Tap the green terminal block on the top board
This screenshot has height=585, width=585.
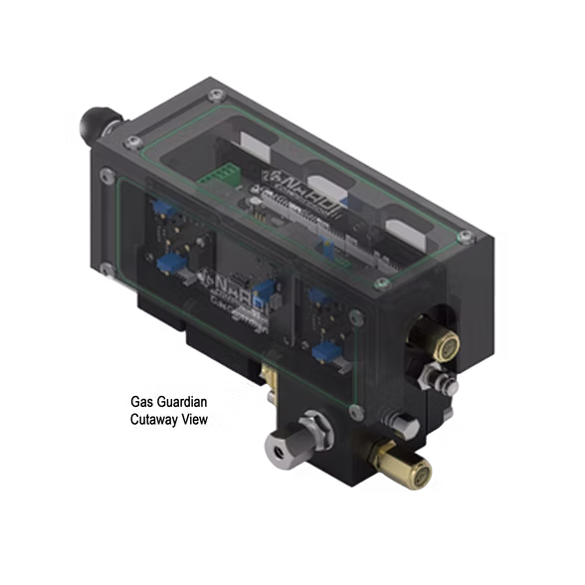pyautogui.click(x=216, y=176)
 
